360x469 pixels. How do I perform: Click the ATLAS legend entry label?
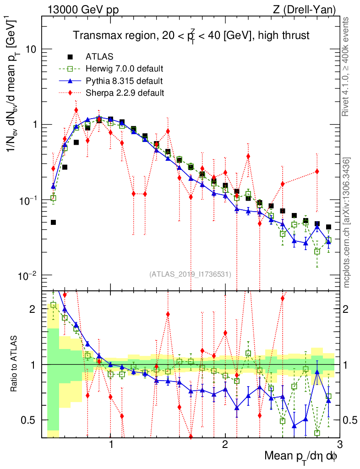click(99, 57)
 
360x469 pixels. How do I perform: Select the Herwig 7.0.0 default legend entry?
click(124, 69)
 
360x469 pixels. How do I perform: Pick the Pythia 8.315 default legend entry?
click(124, 81)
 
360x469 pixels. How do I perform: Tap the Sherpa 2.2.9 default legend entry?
click(125, 93)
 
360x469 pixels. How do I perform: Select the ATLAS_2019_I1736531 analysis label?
click(190, 274)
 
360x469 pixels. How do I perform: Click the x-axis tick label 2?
click(225, 445)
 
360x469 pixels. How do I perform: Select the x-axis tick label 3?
click(339, 445)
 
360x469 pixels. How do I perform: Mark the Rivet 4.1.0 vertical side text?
click(347, 73)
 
